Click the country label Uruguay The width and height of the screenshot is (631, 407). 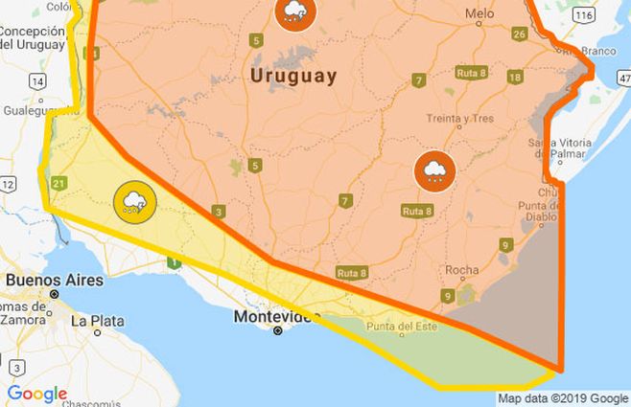[293, 76]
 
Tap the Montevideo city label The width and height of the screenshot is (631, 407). [277, 316]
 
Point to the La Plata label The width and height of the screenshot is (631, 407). [98, 321]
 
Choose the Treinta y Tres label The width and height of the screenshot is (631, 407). [458, 120]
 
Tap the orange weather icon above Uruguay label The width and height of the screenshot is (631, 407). [293, 11]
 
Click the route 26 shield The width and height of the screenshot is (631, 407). [519, 35]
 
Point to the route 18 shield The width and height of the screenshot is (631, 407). [514, 78]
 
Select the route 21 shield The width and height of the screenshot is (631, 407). [59, 184]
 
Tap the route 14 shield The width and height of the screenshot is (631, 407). [36, 81]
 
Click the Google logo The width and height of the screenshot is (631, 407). [36, 394]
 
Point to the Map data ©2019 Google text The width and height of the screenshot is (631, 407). [563, 398]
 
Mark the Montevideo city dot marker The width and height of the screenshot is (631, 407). [278, 330]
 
